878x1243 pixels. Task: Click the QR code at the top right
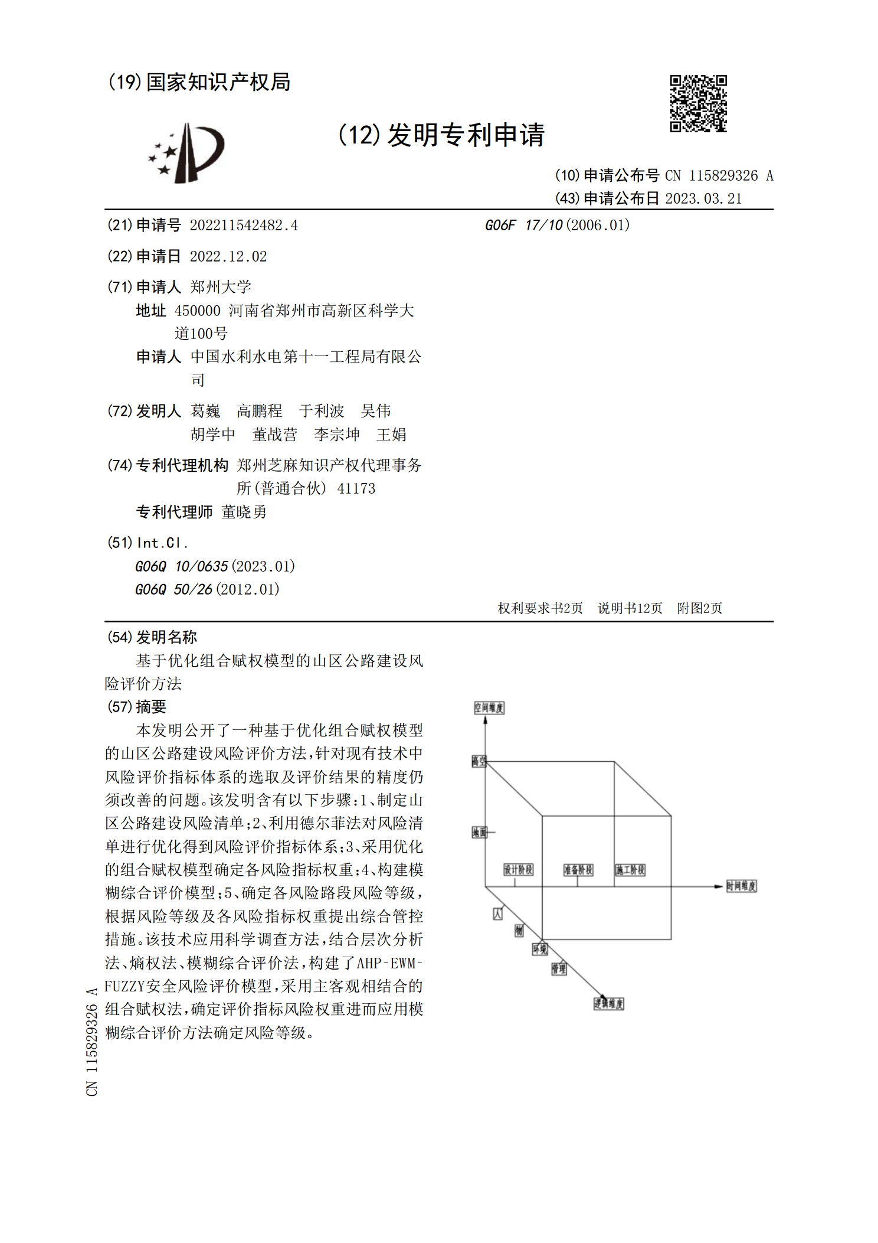point(698,103)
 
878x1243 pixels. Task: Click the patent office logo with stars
point(187,153)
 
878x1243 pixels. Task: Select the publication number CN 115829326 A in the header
point(719,175)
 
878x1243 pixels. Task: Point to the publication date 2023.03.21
point(703,198)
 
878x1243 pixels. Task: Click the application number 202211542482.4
point(244,225)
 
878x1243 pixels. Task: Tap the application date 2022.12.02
point(228,256)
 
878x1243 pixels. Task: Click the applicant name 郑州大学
point(221,287)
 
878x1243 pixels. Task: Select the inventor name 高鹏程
point(260,411)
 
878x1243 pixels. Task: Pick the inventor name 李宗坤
point(337,435)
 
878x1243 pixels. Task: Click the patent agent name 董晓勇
point(244,512)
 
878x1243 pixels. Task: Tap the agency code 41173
point(356,488)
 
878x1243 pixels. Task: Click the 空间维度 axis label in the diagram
point(489,707)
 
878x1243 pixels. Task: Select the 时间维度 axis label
point(741,886)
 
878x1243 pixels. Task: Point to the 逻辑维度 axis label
point(608,1004)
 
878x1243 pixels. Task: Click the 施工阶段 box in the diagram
point(630,870)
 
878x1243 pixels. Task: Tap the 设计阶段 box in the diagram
point(518,870)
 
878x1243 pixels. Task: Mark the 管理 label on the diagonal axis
point(559,968)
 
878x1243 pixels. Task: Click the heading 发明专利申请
point(466,135)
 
